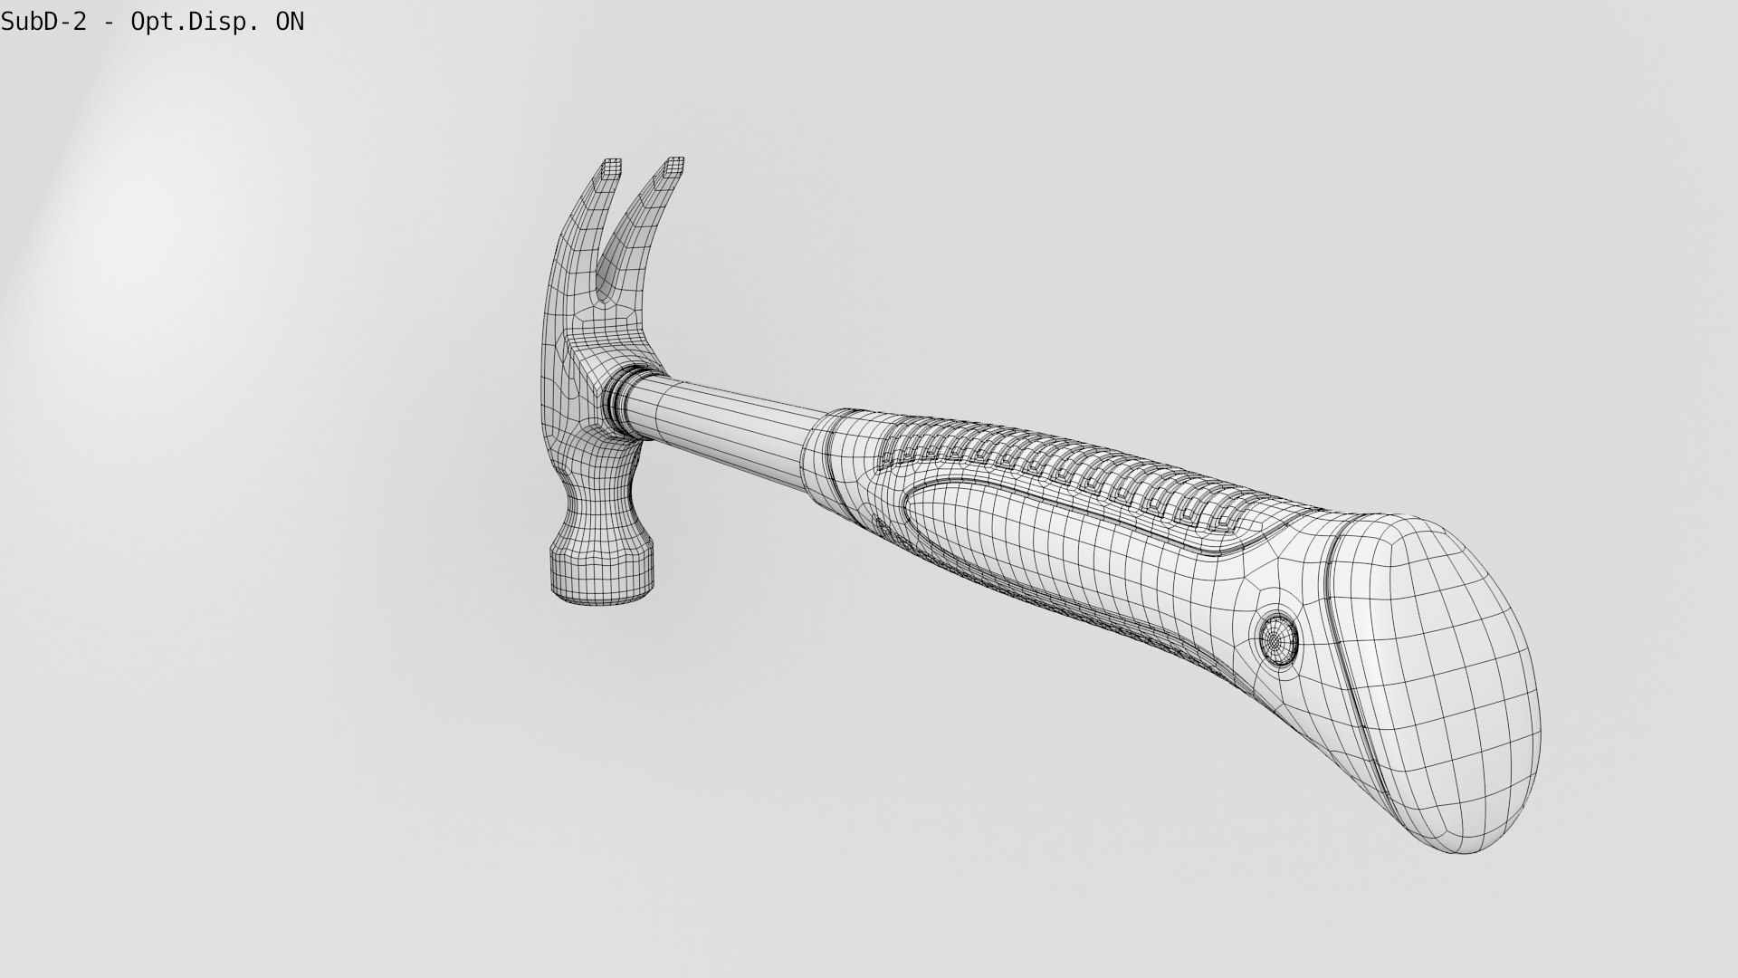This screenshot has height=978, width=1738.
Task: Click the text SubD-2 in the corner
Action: pos(43,22)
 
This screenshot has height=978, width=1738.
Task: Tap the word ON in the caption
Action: pos(290,22)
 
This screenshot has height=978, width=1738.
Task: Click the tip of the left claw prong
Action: pos(612,166)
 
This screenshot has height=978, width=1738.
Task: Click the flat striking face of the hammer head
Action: pos(604,584)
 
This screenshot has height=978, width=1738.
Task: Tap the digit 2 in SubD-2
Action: pos(81,22)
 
